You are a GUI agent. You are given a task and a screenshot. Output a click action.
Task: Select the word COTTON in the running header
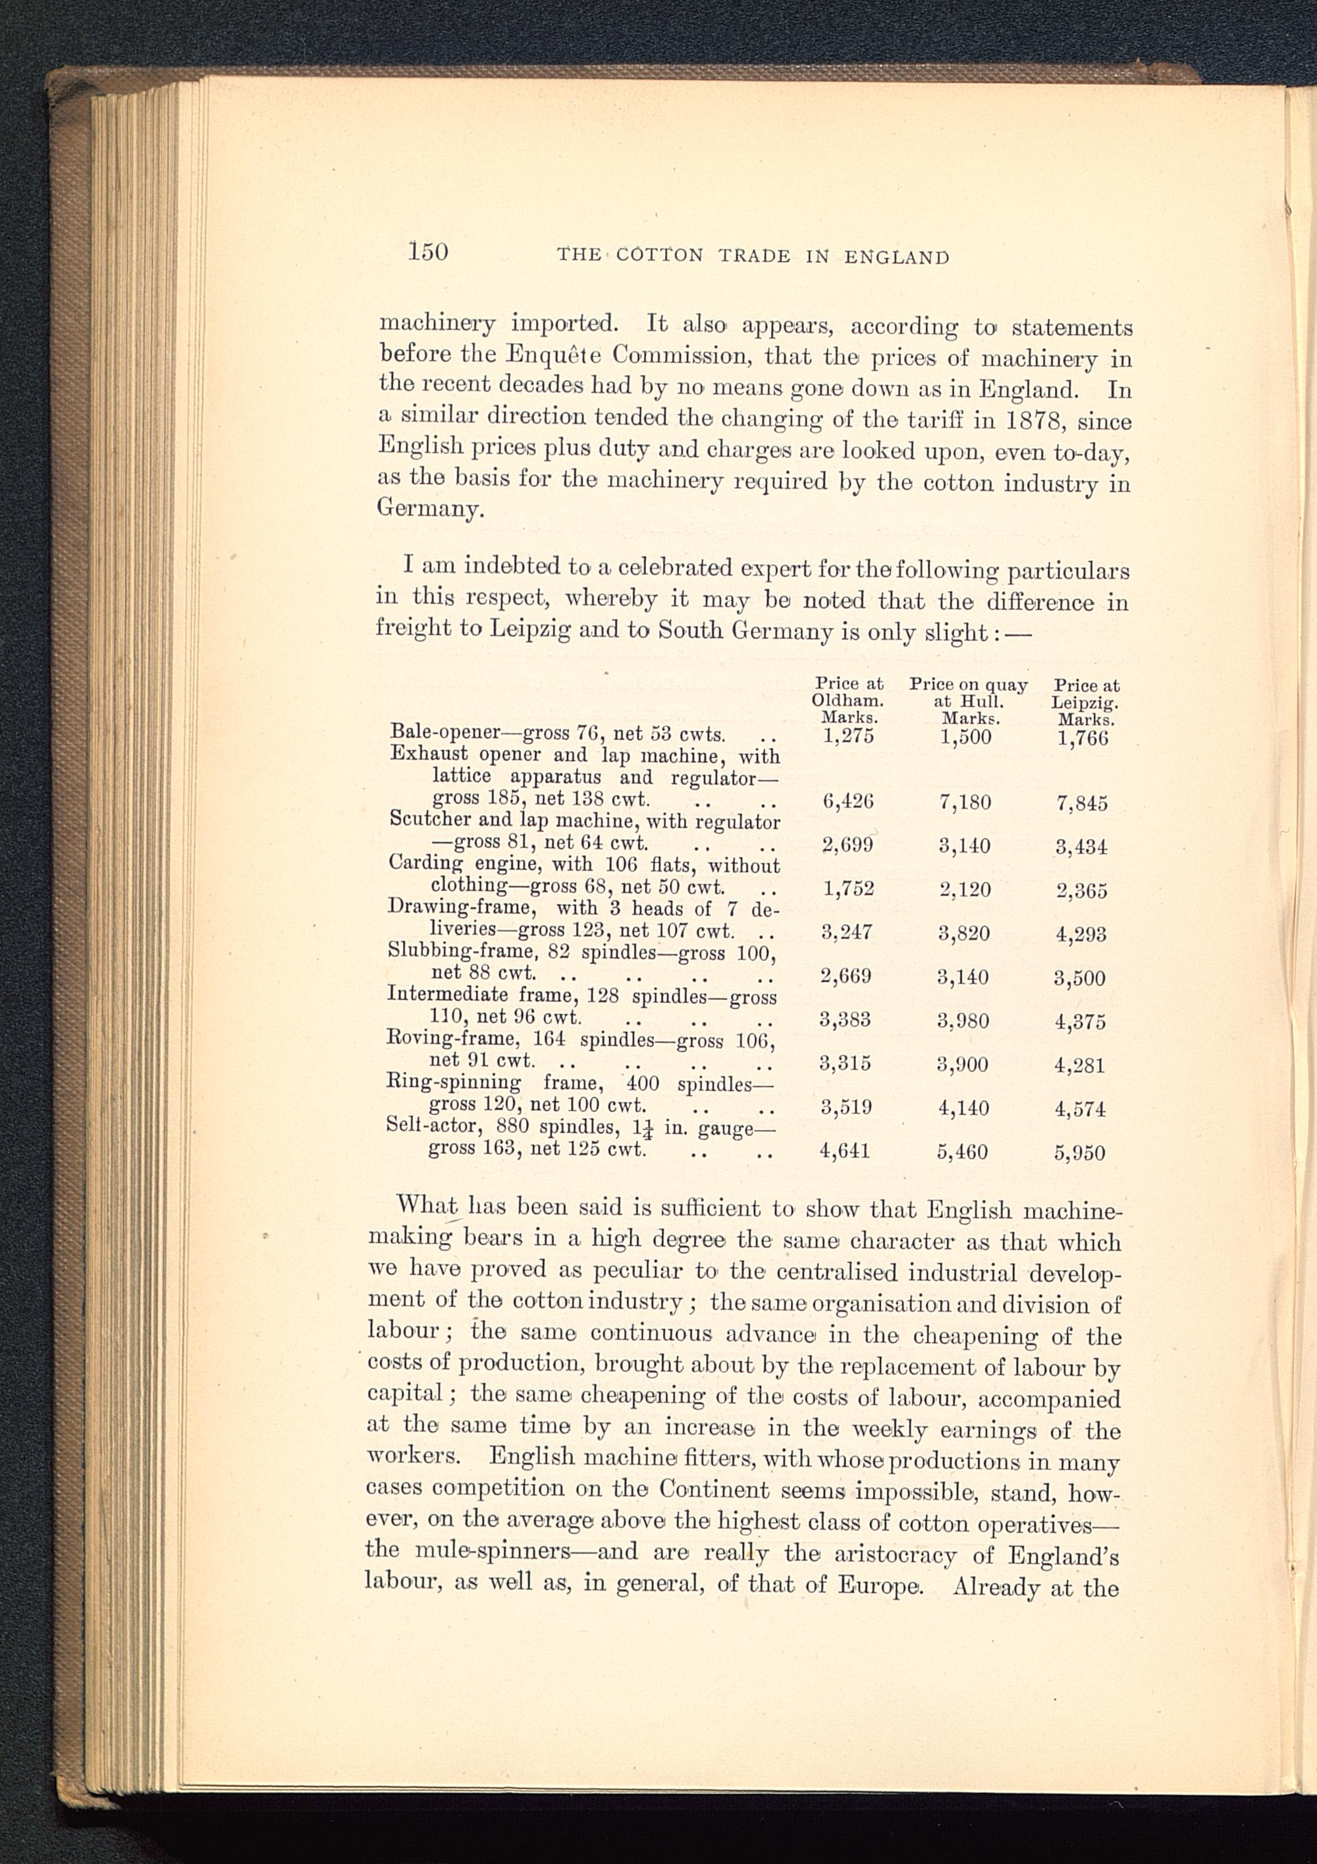coord(659,256)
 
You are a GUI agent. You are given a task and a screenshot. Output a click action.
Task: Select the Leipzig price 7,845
coord(1082,804)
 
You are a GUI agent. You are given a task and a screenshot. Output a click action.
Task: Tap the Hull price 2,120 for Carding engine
coord(965,890)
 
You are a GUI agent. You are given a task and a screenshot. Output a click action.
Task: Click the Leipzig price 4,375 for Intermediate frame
coord(1080,1022)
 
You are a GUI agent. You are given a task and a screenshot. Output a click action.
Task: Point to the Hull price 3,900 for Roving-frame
coord(963,1064)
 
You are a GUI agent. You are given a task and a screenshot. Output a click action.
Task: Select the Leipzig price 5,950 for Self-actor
coord(1080,1153)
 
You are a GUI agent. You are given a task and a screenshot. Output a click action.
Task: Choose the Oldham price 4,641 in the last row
coord(845,1150)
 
